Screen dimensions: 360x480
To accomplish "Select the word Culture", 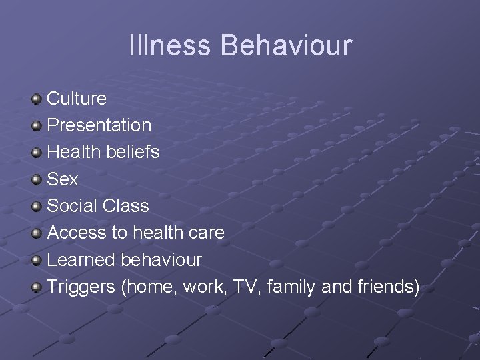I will coord(77,99).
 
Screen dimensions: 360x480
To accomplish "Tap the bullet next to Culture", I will coord(36,99).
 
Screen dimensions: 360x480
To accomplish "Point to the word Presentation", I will coord(99,125).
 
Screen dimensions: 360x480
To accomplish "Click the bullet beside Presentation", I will coord(36,126).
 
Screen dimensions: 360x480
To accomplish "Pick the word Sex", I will coord(63,179).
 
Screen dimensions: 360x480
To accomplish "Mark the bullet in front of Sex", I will coord(36,179).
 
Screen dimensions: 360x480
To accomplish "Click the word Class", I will coord(126,206).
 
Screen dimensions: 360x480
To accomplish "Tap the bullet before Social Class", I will coord(36,207).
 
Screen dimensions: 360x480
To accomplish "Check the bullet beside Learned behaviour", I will coord(36,260).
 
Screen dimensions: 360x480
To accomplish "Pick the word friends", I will coord(387,287).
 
